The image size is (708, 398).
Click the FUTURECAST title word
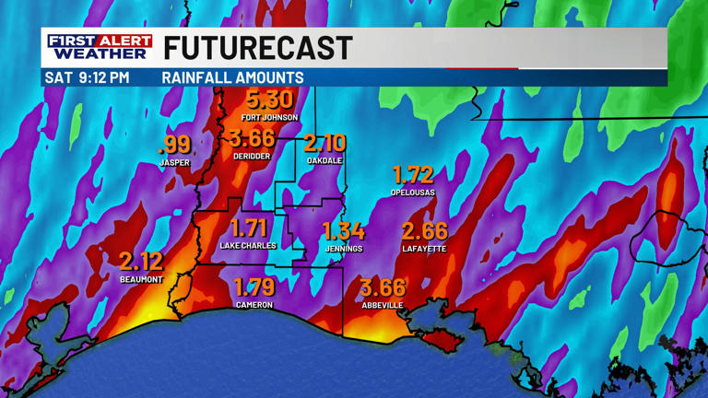(258, 48)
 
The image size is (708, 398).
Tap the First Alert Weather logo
(100, 48)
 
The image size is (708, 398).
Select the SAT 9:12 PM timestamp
(87, 78)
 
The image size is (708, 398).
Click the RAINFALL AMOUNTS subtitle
(232, 78)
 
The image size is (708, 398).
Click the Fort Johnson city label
(269, 118)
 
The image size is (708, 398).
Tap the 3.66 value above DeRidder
(252, 139)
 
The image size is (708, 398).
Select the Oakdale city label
(324, 160)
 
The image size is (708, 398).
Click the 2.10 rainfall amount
(324, 143)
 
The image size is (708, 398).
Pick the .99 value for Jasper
(174, 145)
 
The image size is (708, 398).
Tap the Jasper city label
(174, 163)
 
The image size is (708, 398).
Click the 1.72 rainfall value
(412, 174)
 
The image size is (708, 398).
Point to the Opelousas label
(412, 193)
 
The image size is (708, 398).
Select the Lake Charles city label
(248, 246)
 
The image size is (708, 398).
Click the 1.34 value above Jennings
(344, 231)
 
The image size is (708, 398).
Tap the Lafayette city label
(424, 249)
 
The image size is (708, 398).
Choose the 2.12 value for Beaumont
(141, 263)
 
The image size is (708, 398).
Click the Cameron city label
(254, 305)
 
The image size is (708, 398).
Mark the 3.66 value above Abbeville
(383, 287)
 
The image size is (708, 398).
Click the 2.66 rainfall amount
(424, 231)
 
